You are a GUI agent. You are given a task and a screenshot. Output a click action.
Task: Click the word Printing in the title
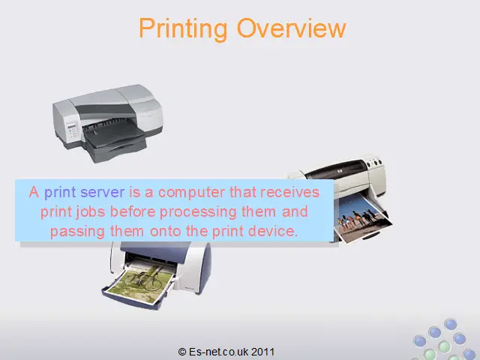click(x=183, y=29)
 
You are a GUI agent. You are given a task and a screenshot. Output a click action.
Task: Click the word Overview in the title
click(x=291, y=28)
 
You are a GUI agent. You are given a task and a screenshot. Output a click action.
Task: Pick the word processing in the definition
click(x=198, y=212)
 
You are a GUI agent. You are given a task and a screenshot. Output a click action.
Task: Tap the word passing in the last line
click(x=77, y=232)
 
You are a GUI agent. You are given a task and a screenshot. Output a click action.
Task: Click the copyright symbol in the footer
click(x=182, y=352)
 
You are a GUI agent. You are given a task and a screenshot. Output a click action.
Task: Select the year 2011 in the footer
click(x=262, y=352)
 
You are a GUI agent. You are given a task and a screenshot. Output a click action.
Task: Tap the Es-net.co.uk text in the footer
click(x=218, y=352)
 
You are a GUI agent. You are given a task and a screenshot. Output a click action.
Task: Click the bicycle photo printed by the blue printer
click(x=141, y=283)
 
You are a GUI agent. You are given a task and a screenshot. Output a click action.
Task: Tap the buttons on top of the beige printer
click(x=374, y=162)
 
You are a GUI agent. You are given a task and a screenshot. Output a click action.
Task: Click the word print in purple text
click(x=60, y=193)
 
